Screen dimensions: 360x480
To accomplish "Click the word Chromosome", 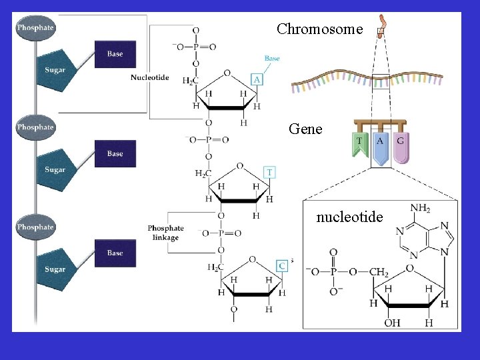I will pyautogui.click(x=319, y=29).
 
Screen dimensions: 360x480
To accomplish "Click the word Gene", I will pyautogui.click(x=305, y=129).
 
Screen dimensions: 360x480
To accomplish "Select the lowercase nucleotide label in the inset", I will pyautogui.click(x=349, y=217).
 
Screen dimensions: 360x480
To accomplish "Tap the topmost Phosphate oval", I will pyautogui.click(x=35, y=29).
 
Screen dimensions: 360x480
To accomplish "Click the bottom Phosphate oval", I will pyautogui.click(x=35, y=227).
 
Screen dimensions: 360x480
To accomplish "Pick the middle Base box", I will pyautogui.click(x=115, y=153).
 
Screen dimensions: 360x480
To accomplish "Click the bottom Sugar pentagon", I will pyautogui.click(x=57, y=269).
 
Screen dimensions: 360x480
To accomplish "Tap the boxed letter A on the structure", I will pyautogui.click(x=257, y=79).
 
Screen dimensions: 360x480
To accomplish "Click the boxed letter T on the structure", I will pyautogui.click(x=269, y=172).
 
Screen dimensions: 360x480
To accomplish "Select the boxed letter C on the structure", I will pyautogui.click(x=282, y=265).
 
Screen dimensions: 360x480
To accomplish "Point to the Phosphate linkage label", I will pyautogui.click(x=165, y=233).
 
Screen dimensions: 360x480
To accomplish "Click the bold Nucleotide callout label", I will pyautogui.click(x=149, y=77).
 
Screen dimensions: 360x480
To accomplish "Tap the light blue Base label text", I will pyautogui.click(x=272, y=59).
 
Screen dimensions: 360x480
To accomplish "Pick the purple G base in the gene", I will pyautogui.click(x=400, y=146).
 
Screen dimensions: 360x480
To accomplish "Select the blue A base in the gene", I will pyautogui.click(x=380, y=147).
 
